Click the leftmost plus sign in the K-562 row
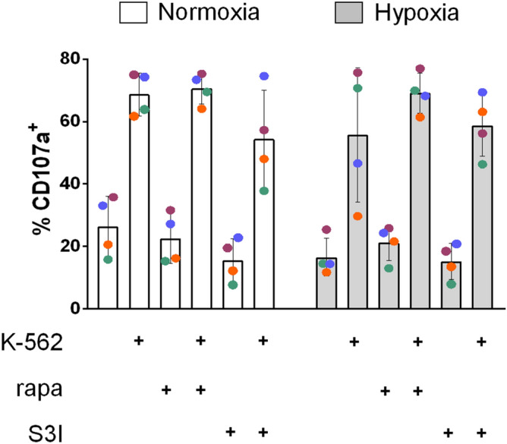pyautogui.click(x=139, y=342)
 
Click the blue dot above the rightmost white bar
pyautogui.click(x=264, y=76)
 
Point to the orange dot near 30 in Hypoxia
pyautogui.click(x=357, y=216)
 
